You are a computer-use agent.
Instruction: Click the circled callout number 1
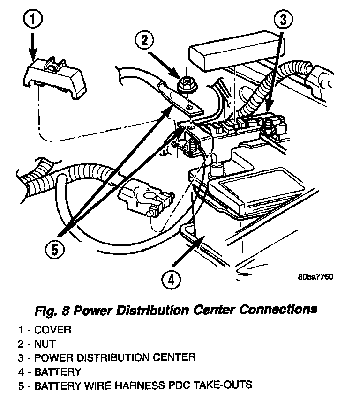tap(33, 19)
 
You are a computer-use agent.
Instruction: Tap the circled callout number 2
tap(144, 40)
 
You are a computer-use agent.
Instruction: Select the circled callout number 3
tap(283, 19)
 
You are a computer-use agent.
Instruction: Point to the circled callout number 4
tap(171, 279)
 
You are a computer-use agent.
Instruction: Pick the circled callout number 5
tap(55, 249)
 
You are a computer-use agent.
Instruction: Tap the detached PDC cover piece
tap(55, 77)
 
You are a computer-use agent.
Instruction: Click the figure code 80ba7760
tap(315, 276)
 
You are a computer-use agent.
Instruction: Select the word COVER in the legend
tap(52, 330)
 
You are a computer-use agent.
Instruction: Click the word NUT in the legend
tap(45, 344)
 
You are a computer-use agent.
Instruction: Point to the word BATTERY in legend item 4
tap(58, 372)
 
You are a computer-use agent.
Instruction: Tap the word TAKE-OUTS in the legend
tap(223, 385)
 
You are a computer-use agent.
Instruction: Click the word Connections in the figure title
tap(278, 310)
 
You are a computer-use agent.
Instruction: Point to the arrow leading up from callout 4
tap(188, 251)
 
